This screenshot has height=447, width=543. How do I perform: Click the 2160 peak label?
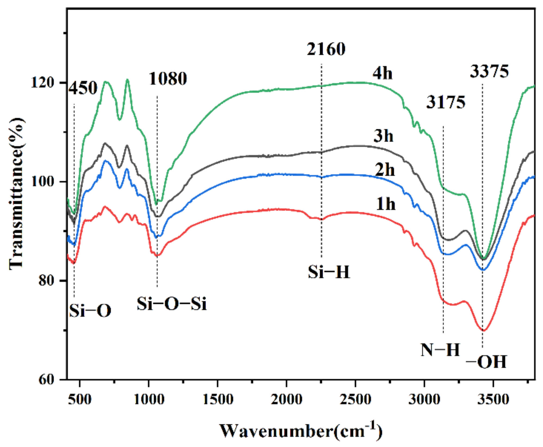[x=326, y=49]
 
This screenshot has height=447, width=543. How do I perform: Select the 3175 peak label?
[x=446, y=103]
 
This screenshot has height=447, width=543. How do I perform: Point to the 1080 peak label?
[x=168, y=79]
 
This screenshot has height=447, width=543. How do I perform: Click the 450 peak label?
[x=83, y=88]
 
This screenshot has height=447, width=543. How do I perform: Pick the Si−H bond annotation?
[x=329, y=272]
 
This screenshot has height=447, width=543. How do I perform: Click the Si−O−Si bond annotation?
[x=171, y=304]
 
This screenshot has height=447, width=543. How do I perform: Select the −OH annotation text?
[x=486, y=362]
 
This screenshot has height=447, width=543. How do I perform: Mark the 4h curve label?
[x=382, y=73]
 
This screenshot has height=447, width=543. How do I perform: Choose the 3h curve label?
[x=383, y=136]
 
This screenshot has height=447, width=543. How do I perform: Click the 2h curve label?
[x=385, y=170]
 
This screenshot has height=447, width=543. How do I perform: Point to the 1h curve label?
[x=386, y=204]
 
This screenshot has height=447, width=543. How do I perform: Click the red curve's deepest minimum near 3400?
[x=483, y=330]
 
